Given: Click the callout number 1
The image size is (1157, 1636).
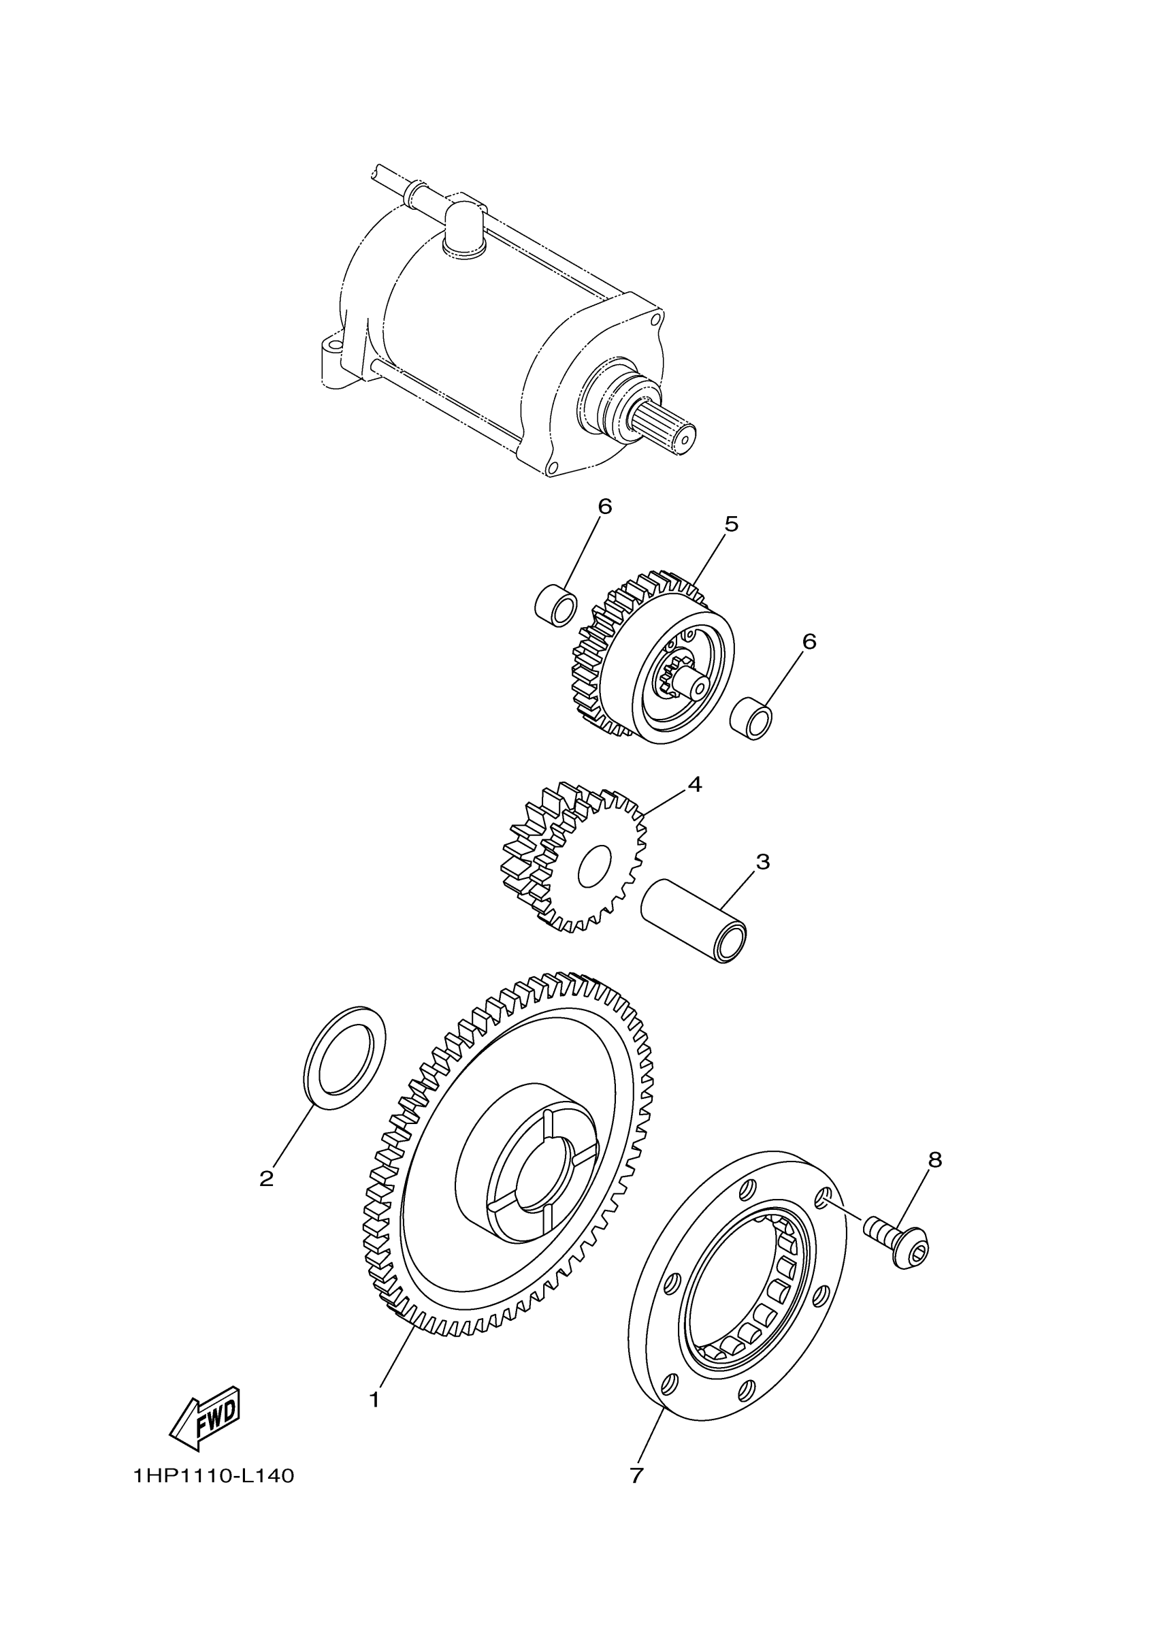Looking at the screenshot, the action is tap(375, 1400).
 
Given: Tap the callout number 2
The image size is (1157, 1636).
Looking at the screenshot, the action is tap(267, 1179).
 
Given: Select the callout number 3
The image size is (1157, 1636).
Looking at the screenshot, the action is tap(762, 862).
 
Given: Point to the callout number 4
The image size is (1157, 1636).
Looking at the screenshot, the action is tap(695, 784).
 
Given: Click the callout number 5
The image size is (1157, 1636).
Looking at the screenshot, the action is tap(731, 524).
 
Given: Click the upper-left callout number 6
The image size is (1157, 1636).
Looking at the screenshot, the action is tap(604, 507).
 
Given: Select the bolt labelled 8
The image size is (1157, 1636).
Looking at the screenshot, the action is tap(899, 1244).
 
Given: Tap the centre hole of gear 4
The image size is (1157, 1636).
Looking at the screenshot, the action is tap(595, 867).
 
